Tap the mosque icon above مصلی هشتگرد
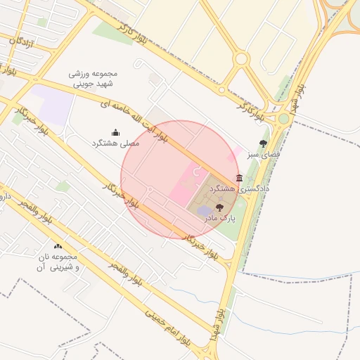[x=116, y=132]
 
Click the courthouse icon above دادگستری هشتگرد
[x=240, y=179]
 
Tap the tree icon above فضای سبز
[x=264, y=143]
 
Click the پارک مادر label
[x=219, y=218]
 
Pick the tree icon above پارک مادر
[x=219, y=207]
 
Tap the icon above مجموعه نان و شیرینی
[x=58, y=246]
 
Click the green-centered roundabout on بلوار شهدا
[x=283, y=118]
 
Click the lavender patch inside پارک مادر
[x=203, y=211]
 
